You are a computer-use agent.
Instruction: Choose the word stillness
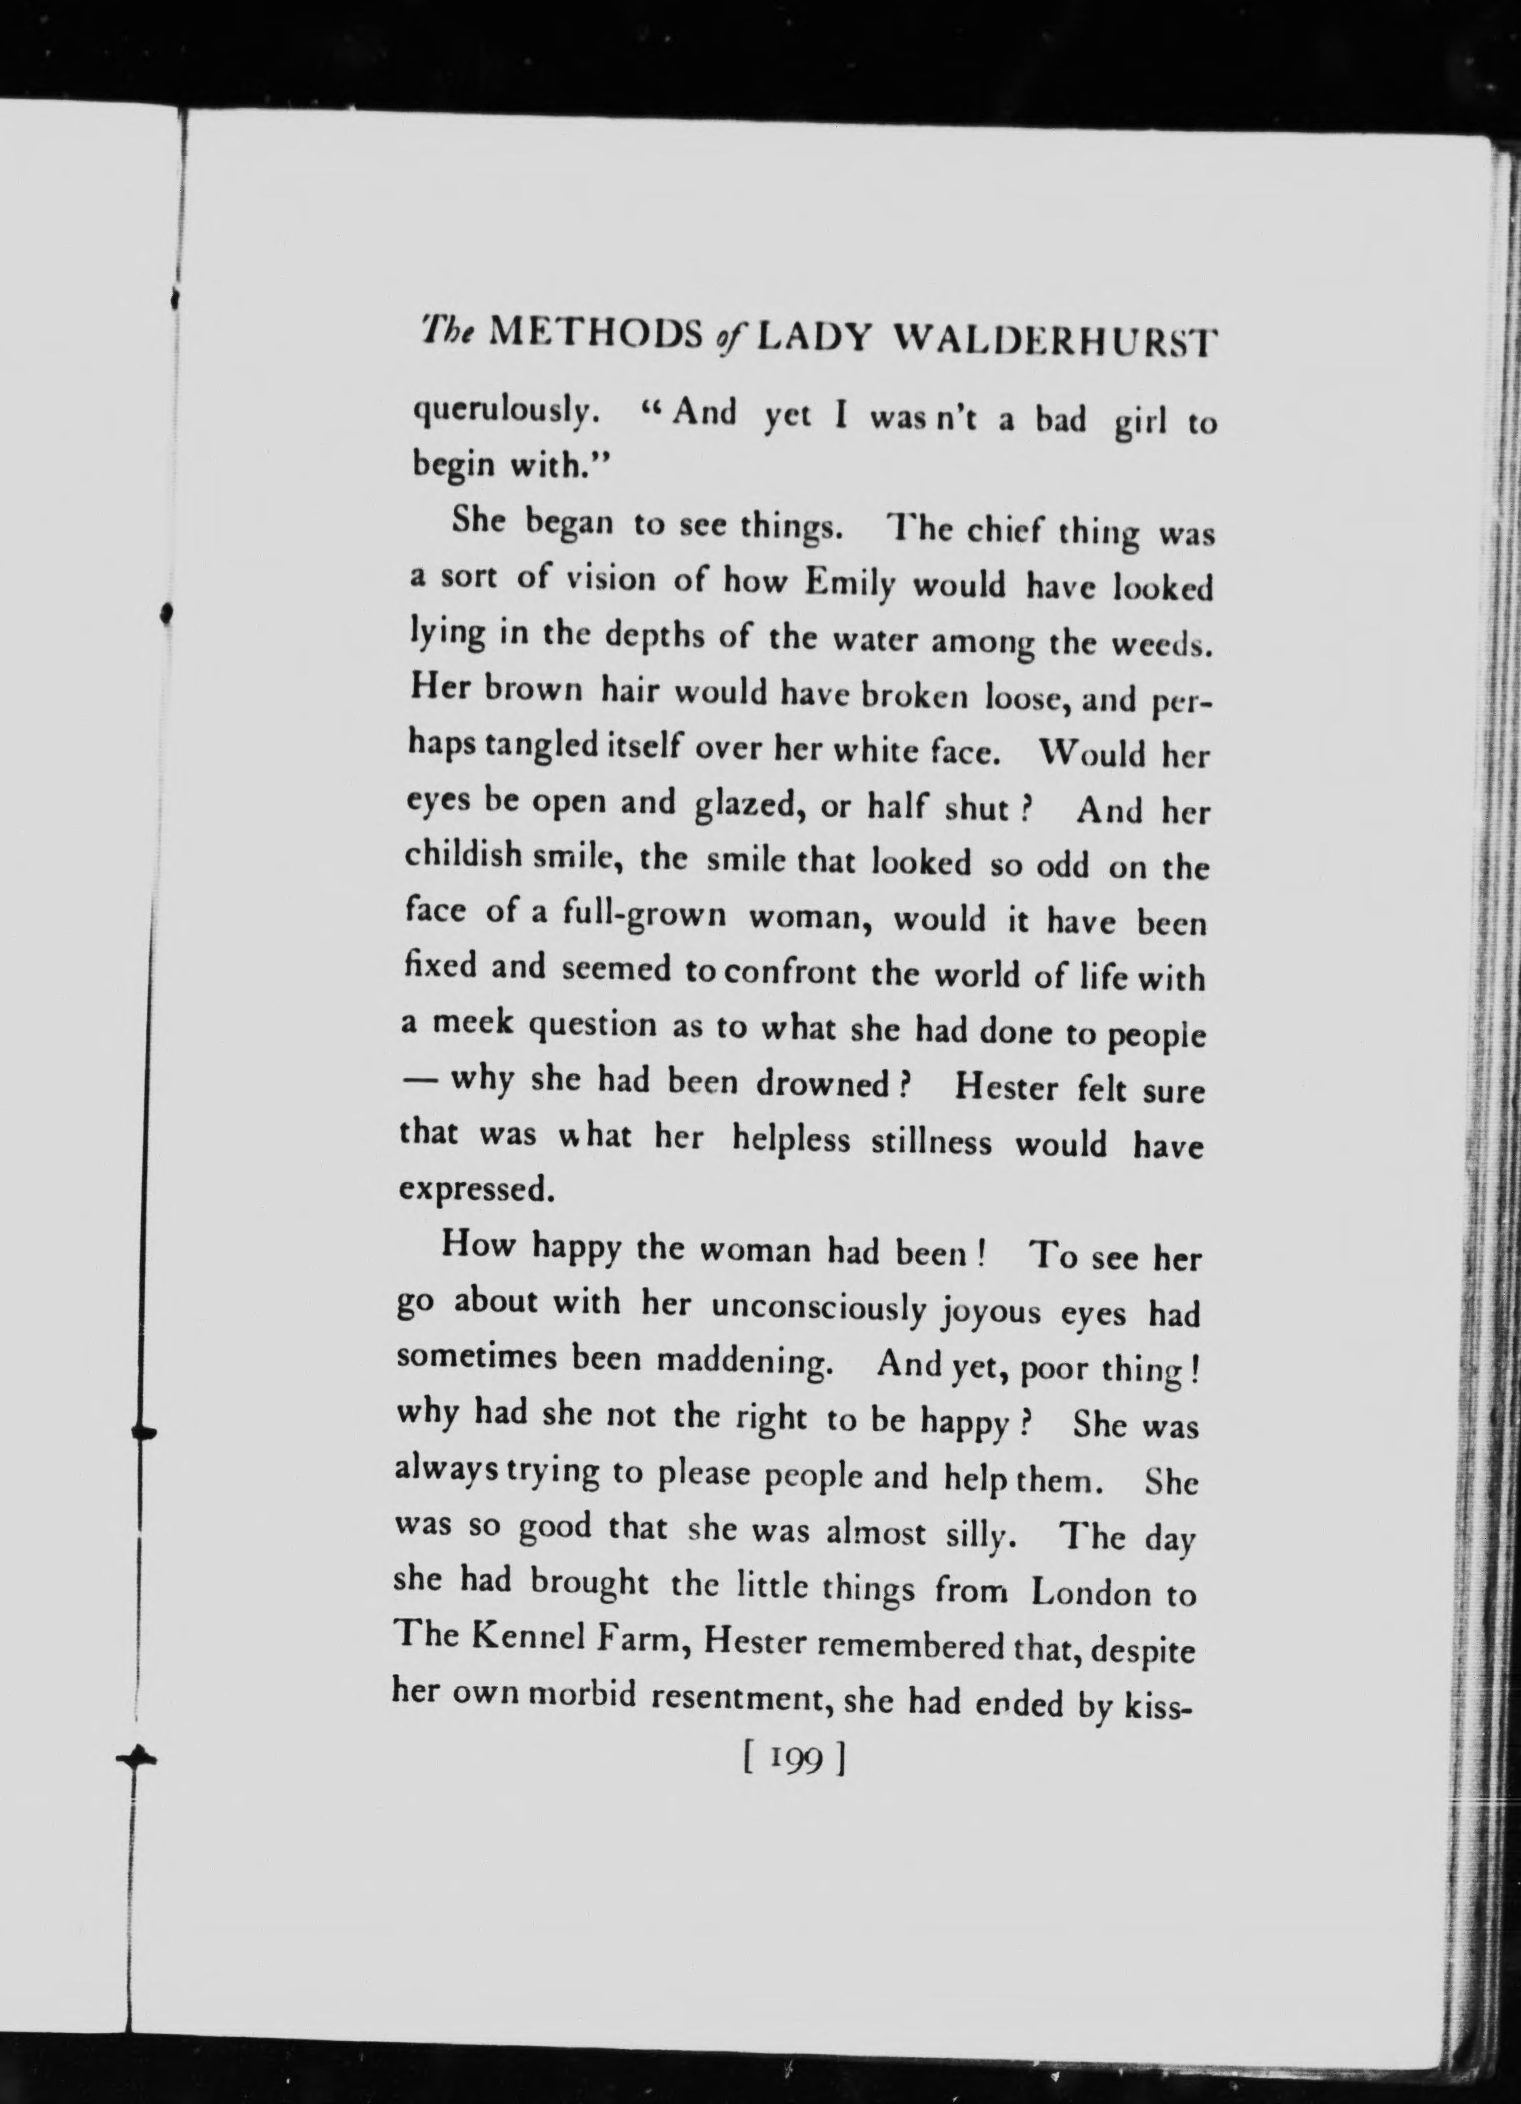click(x=931, y=1140)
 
